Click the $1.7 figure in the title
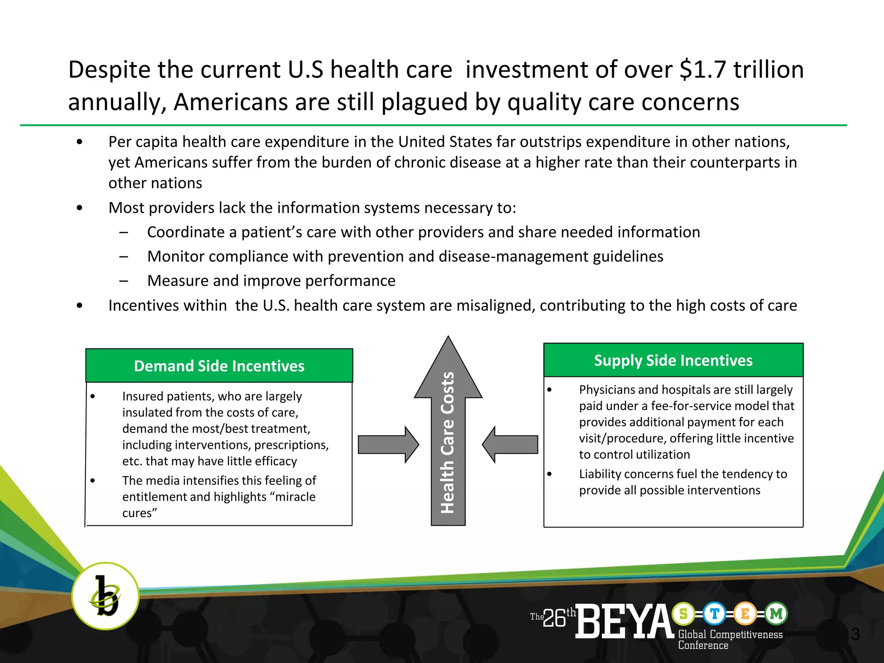(703, 70)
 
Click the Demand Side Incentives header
(219, 366)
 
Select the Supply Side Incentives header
(673, 360)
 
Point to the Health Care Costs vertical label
(448, 442)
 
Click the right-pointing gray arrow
(388, 445)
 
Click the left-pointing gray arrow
(510, 445)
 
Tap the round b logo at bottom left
(105, 596)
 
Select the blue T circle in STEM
(714, 613)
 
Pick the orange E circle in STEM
(745, 613)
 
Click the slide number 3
(855, 634)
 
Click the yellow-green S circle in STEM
(683, 613)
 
